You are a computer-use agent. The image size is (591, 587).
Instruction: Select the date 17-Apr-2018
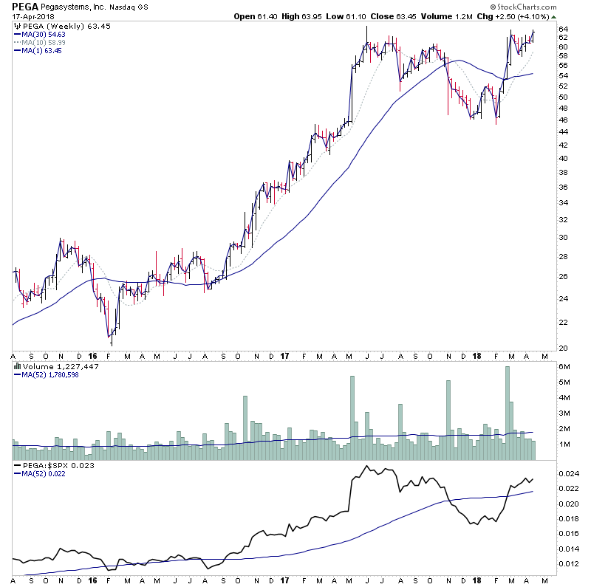(x=33, y=16)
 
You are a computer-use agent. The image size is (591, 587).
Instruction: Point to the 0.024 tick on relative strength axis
(x=569, y=473)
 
